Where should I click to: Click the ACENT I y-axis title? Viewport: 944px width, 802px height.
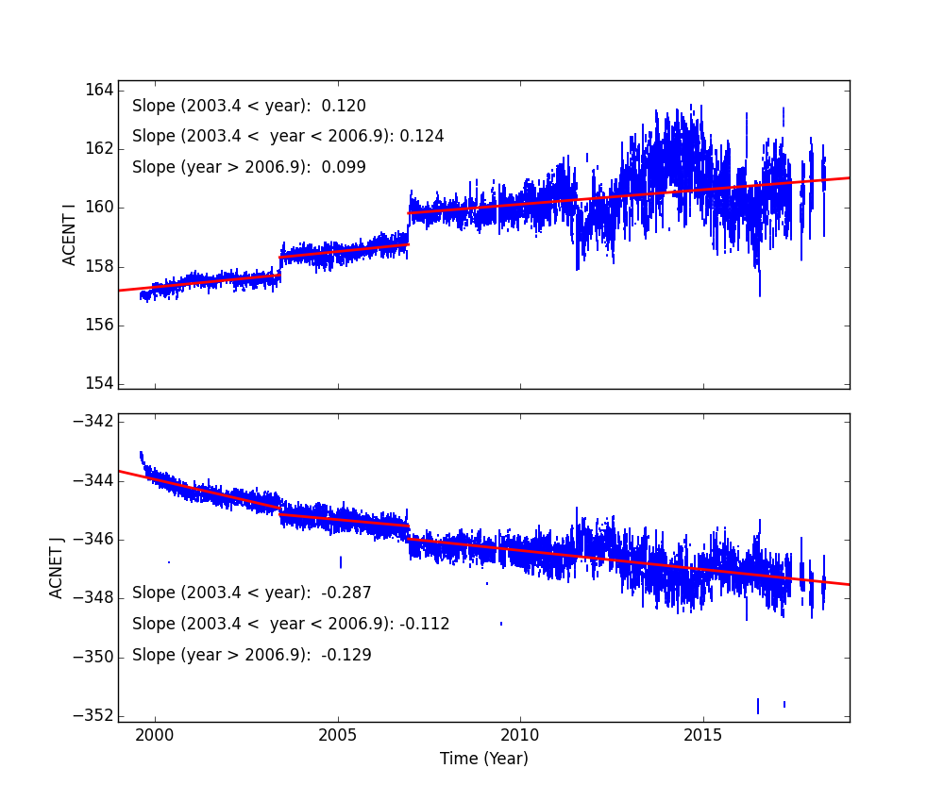[70, 234]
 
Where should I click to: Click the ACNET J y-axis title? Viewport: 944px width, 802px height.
[58, 568]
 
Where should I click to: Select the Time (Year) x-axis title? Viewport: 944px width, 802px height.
[483, 759]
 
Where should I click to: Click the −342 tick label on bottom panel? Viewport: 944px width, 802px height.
[95, 422]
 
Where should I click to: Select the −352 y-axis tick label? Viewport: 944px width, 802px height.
[95, 715]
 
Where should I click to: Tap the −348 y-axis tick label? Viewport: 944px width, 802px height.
[95, 597]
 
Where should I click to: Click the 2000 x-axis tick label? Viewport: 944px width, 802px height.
[155, 735]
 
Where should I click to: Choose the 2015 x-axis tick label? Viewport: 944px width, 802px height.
[703, 735]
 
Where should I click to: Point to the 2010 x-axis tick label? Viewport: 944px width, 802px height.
[520, 735]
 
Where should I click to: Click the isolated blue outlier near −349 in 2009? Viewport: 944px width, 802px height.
[501, 624]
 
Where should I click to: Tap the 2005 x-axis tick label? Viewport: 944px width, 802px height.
[338, 735]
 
